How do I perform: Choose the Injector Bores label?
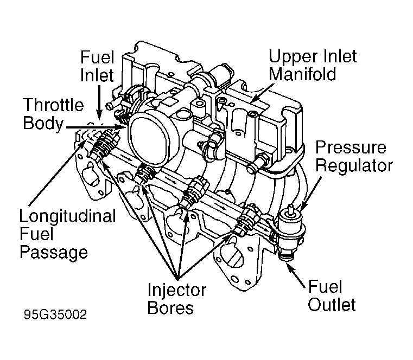[177, 299]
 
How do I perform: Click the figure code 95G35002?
[55, 315]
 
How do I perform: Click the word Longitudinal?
[67, 216]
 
